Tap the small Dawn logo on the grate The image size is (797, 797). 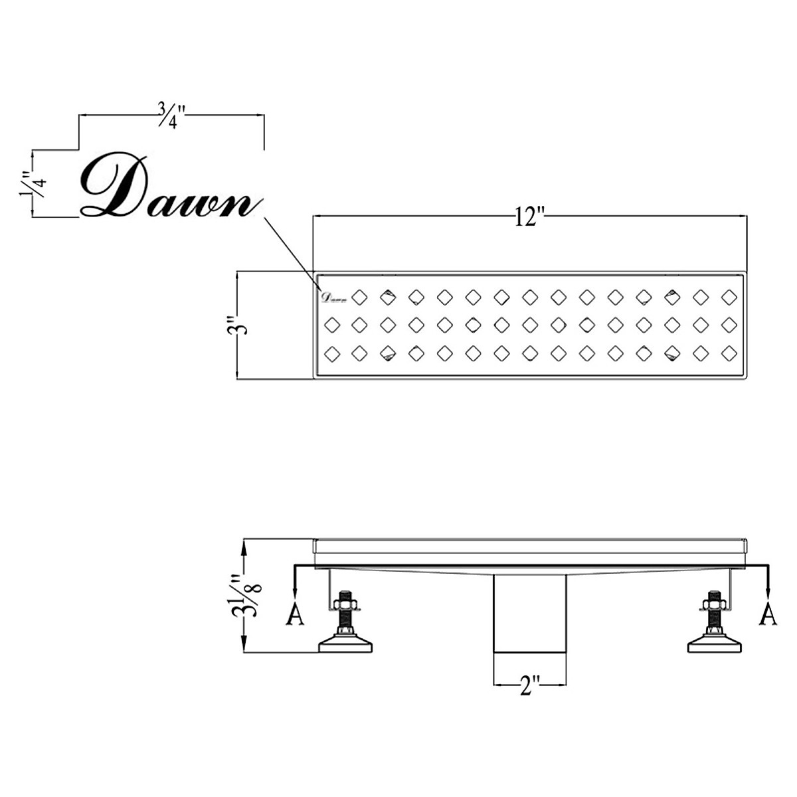tap(334, 297)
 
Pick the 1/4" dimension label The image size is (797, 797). tap(30, 184)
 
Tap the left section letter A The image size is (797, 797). tap(294, 615)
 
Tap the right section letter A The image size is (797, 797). tap(768, 615)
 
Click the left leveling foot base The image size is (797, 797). tap(345, 644)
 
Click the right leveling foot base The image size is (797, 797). tap(716, 644)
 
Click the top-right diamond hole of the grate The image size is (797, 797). tap(730, 295)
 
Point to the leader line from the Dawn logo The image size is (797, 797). tap(289, 245)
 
